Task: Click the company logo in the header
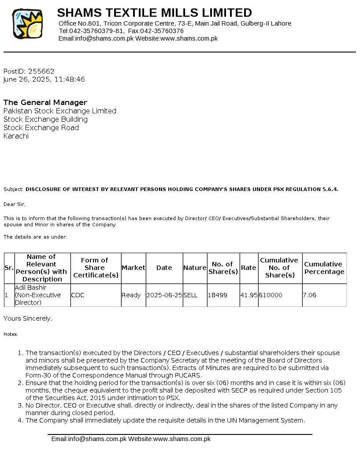(x=27, y=24)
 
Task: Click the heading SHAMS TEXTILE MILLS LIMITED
(x=154, y=12)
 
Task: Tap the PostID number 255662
(x=41, y=71)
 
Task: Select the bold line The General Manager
(x=45, y=102)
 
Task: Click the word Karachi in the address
(x=16, y=136)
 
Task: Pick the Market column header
(x=133, y=268)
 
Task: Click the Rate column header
(x=249, y=268)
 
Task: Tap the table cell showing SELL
(x=191, y=295)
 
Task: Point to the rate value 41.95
(x=249, y=295)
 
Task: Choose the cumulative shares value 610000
(x=271, y=295)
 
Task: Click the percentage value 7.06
(x=310, y=295)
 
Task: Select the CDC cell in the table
(x=78, y=295)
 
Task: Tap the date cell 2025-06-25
(x=164, y=295)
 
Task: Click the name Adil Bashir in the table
(x=30, y=288)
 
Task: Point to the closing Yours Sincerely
(x=27, y=318)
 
